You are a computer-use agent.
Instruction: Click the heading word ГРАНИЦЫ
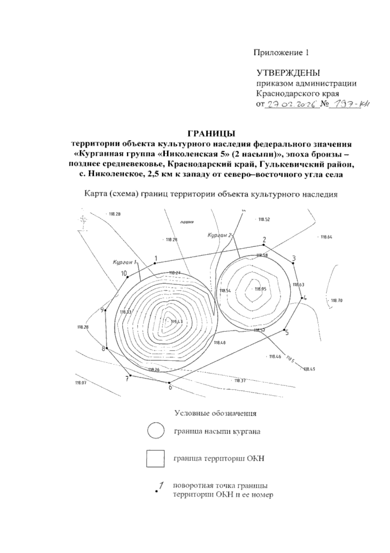[211, 134]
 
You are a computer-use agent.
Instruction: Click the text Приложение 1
[281, 53]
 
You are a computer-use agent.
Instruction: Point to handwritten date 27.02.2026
[292, 105]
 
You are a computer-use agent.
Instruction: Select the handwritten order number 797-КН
[350, 105]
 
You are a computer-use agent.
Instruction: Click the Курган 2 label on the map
[220, 235]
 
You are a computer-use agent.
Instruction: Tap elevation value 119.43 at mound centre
[177, 321]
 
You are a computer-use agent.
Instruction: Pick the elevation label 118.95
[261, 289]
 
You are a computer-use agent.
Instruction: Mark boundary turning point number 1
[155, 263]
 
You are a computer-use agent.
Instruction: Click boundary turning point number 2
[264, 245]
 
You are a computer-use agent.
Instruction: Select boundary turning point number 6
[169, 383]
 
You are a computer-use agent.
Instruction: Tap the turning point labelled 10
[128, 277]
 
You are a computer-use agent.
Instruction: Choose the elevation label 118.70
[337, 301]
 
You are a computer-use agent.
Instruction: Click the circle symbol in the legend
[155, 432]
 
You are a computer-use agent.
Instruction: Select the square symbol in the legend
[155, 459]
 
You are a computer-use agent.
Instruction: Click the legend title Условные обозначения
[215, 414]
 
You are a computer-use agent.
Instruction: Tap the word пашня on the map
[187, 223]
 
